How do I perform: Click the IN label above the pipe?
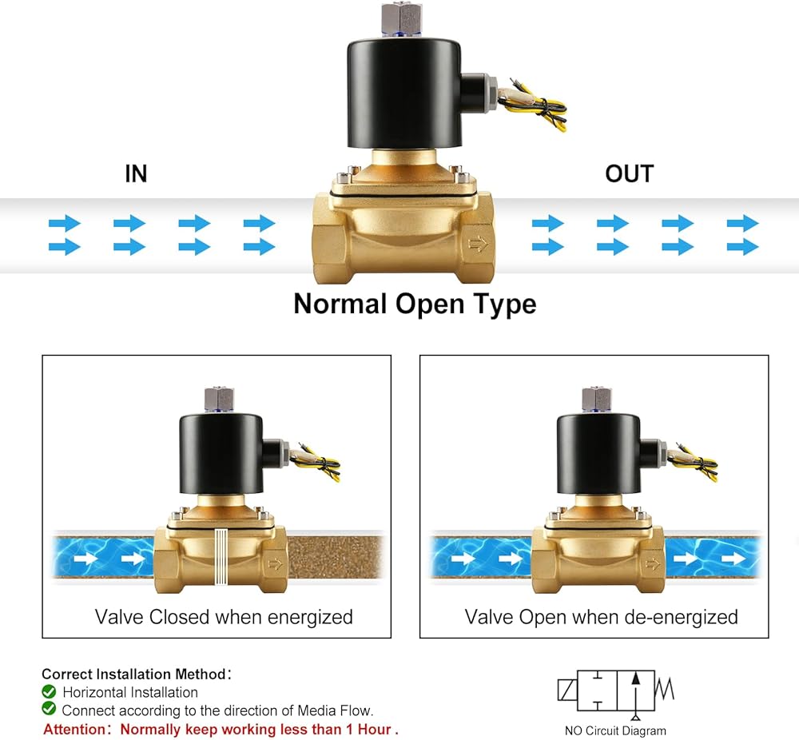[136, 173]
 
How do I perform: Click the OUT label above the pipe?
[630, 173]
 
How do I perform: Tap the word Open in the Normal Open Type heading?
[430, 304]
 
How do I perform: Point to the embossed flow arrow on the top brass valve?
[478, 245]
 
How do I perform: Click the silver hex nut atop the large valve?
[400, 18]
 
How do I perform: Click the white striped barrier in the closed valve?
[221, 556]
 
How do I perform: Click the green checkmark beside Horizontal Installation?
[49, 691]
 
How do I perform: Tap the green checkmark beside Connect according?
[49, 708]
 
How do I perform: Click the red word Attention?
[74, 730]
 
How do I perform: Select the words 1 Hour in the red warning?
[368, 730]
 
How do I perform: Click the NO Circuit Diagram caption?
[615, 731]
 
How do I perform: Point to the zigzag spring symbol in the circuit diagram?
[665, 688]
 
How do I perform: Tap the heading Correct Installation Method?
[133, 674]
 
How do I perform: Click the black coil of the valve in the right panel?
[598, 454]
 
